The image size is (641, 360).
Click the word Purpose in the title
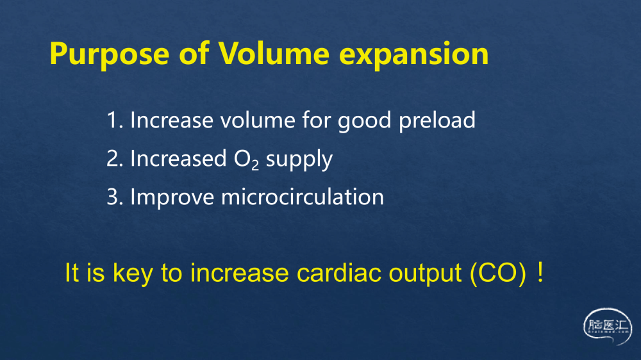click(109, 54)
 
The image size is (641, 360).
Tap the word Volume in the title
click(274, 53)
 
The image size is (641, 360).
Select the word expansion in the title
click(413, 55)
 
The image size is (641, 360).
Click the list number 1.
click(115, 120)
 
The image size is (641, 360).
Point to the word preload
click(437, 121)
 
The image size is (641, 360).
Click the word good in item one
click(364, 121)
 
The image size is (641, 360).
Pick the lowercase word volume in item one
click(258, 120)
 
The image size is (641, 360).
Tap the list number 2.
click(115, 159)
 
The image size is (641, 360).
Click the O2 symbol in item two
click(246, 160)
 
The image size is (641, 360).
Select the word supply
click(299, 160)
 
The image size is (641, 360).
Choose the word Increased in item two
click(178, 158)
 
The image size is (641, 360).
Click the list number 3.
click(115, 197)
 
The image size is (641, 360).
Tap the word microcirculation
click(303, 197)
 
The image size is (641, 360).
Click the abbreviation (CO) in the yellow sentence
click(498, 273)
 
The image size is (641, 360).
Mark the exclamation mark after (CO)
click(540, 273)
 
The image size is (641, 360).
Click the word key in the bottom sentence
click(133, 274)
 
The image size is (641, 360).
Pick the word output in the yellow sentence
click(425, 274)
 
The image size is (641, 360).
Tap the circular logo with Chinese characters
click(608, 327)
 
